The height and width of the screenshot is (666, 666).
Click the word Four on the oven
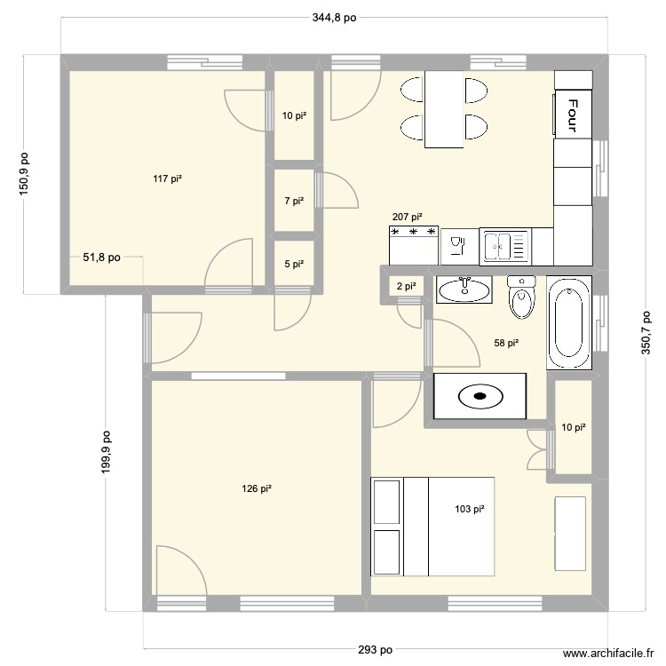(x=573, y=113)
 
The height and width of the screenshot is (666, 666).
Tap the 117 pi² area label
(x=167, y=179)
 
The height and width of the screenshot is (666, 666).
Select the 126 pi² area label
(x=256, y=488)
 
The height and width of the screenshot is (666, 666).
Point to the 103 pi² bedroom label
(x=469, y=509)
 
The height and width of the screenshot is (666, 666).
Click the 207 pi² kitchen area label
(x=407, y=217)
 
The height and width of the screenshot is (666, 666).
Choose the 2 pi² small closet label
(x=406, y=286)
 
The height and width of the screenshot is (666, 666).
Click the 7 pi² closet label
(x=294, y=202)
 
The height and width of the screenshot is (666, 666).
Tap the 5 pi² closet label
(x=294, y=264)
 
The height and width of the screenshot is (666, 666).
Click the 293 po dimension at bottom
(x=376, y=649)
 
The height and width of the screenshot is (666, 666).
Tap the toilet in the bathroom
(x=521, y=297)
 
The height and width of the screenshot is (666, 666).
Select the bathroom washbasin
(x=463, y=289)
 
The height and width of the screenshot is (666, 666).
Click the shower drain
(x=479, y=396)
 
